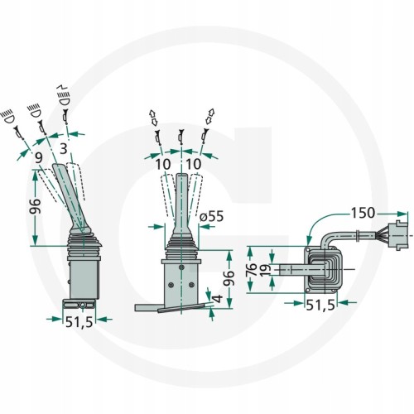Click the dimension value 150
[363, 213]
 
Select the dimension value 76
[253, 270]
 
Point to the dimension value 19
[265, 270]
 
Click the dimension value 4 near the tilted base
[218, 298]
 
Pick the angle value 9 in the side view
[39, 158]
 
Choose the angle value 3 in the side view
[64, 149]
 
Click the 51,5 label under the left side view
[79, 321]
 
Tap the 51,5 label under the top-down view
[320, 305]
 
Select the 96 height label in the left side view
[36, 206]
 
